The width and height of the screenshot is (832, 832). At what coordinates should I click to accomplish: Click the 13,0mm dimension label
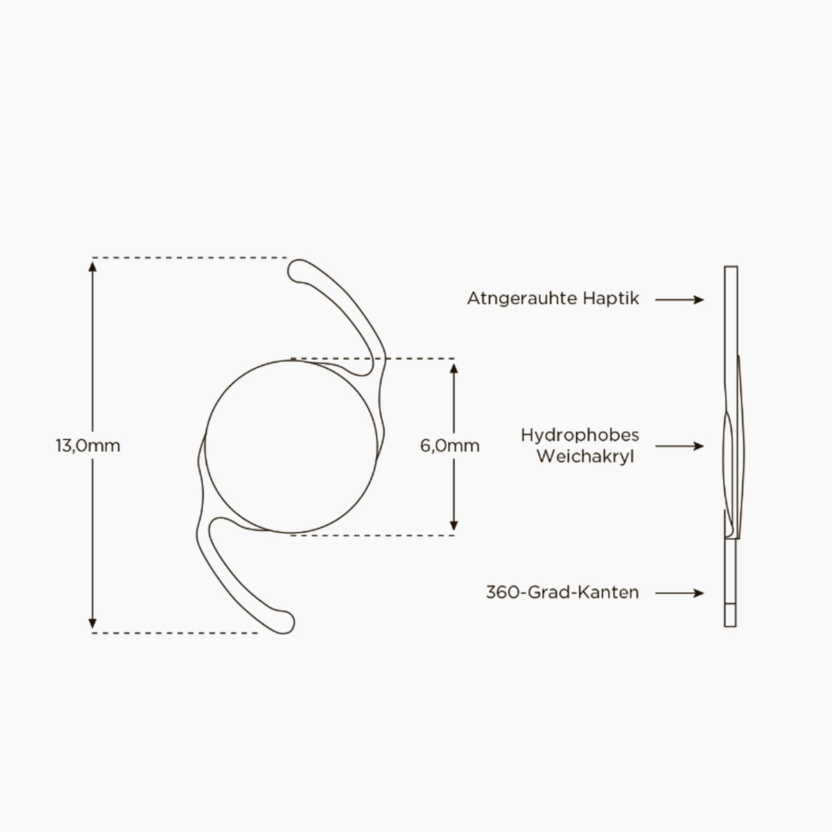pyautogui.click(x=88, y=446)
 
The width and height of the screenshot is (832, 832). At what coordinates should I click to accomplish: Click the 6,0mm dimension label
pyautogui.click(x=450, y=446)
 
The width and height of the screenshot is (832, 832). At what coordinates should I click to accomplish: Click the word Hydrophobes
pyautogui.click(x=580, y=435)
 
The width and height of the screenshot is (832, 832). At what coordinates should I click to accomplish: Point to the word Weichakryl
pyautogui.click(x=585, y=457)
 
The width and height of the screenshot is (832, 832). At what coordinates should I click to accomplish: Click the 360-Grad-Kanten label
pyautogui.click(x=562, y=592)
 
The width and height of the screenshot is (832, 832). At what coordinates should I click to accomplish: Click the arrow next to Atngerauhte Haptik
pyautogui.click(x=679, y=300)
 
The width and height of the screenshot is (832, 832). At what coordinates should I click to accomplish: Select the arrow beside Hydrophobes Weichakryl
pyautogui.click(x=679, y=446)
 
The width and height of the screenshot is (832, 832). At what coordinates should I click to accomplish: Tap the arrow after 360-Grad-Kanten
pyautogui.click(x=679, y=593)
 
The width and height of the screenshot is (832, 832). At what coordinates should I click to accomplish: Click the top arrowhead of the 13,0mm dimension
pyautogui.click(x=92, y=266)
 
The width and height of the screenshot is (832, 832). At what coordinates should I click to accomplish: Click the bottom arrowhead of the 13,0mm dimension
pyautogui.click(x=92, y=624)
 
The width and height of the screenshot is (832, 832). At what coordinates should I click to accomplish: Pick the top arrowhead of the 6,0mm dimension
pyautogui.click(x=453, y=368)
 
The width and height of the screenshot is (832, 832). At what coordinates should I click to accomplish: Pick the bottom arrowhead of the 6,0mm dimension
pyautogui.click(x=453, y=526)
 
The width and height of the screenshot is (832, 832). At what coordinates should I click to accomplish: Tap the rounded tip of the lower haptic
pyautogui.click(x=288, y=623)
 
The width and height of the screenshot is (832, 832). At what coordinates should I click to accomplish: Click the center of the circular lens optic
pyautogui.click(x=291, y=447)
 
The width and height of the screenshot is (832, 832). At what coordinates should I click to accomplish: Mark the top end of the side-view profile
pyautogui.click(x=731, y=266)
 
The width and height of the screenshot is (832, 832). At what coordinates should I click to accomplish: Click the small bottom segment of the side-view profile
pyautogui.click(x=730, y=615)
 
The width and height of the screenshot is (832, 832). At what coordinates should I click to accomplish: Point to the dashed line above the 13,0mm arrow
pyautogui.click(x=189, y=258)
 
